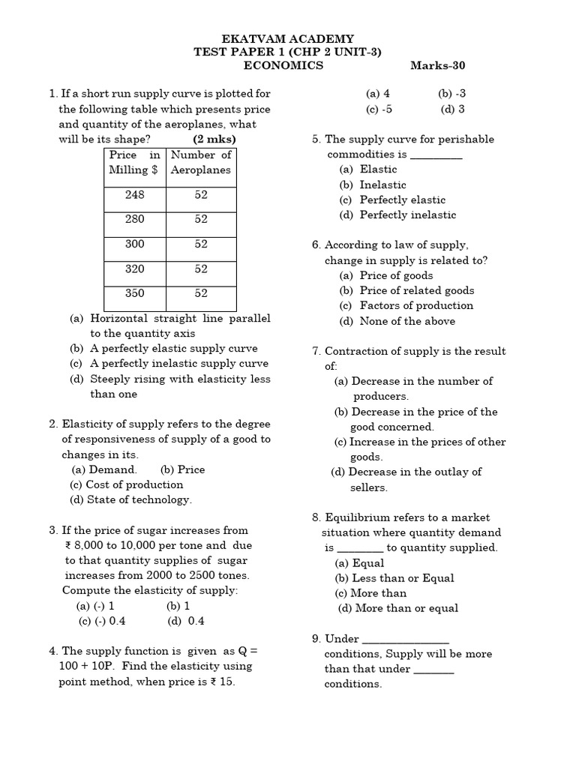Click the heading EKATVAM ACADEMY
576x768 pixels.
coord(289,39)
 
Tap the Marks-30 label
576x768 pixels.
coord(438,65)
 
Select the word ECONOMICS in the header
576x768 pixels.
coord(283,65)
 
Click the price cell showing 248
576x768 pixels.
coord(135,195)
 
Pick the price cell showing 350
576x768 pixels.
coord(135,293)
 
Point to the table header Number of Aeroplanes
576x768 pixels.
coord(201,162)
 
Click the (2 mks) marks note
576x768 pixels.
coord(214,139)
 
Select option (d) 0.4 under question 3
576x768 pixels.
coord(186,621)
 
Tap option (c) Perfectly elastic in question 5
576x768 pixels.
coord(392,199)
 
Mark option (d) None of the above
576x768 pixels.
coord(397,321)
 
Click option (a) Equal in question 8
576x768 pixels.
coord(359,563)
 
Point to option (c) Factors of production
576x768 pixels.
coord(406,305)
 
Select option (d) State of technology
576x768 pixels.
coord(131,499)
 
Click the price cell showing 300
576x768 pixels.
coord(135,244)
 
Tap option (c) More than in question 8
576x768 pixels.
coord(370,593)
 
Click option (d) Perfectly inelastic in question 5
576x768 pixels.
coord(397,214)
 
